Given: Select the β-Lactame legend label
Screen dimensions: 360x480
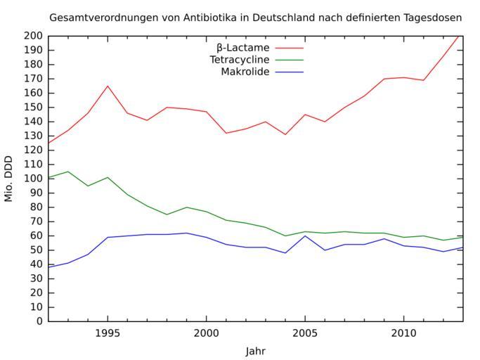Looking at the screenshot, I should click(x=242, y=47).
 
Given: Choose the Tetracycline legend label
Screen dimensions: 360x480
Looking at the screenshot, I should click(x=240, y=60).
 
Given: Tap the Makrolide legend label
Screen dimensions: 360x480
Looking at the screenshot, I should click(x=245, y=72).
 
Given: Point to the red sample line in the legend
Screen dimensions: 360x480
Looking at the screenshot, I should click(x=289, y=48).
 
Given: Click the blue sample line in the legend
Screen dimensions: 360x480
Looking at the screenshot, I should click(x=289, y=72).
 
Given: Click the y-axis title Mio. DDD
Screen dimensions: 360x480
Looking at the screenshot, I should click(x=9, y=179).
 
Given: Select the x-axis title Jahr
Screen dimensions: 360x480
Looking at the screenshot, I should click(x=256, y=351).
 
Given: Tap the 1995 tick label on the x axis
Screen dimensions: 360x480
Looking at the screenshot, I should click(x=108, y=332).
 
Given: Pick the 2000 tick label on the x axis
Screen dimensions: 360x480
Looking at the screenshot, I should click(x=206, y=332).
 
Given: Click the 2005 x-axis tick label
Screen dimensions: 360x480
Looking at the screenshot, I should click(x=304, y=332).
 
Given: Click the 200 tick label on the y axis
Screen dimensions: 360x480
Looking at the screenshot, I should click(x=34, y=36).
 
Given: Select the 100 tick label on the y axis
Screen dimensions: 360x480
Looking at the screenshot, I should click(x=34, y=179).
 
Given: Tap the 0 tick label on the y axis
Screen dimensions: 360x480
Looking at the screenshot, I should click(x=39, y=321).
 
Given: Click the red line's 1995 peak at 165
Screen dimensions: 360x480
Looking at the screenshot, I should click(x=108, y=86).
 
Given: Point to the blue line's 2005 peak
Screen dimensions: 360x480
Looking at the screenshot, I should click(x=304, y=236).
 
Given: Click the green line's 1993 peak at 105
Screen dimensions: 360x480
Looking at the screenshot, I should click(x=68, y=172).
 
